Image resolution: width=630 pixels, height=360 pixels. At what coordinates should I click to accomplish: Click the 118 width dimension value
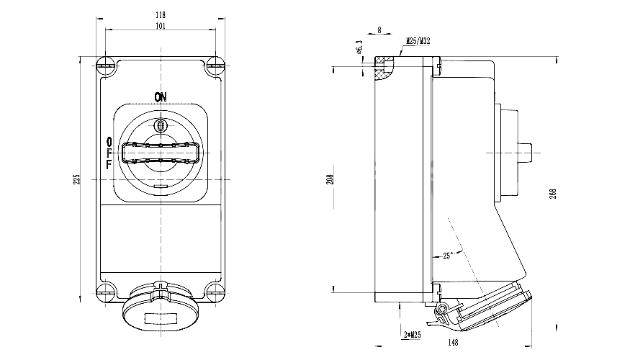coord(161,14)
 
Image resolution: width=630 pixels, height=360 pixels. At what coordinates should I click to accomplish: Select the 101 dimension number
coord(161,26)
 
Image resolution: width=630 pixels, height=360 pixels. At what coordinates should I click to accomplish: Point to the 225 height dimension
coord(78,179)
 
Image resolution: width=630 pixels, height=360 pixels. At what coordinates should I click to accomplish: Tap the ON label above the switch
coord(160,96)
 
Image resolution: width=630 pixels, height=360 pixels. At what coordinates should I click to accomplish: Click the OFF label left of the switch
coord(109,153)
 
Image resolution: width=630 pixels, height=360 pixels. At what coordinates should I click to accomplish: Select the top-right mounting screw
coord(215,66)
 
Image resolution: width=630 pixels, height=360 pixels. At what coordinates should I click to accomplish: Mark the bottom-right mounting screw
coord(215,291)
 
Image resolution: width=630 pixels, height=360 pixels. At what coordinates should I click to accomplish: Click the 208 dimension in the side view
coord(330,179)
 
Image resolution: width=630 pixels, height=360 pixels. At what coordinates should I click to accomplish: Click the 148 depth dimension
coord(453,343)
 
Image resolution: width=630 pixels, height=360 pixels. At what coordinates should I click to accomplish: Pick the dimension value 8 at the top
coord(379,30)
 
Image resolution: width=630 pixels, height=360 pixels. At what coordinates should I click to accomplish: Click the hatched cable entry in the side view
coord(386,69)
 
